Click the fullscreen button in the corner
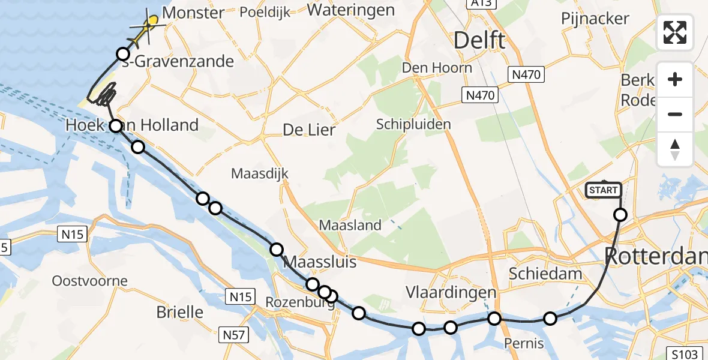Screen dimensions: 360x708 (x=675, y=32)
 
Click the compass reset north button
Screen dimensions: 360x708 (x=675, y=149)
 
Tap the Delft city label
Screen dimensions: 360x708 (x=479, y=41)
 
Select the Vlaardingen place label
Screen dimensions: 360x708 (x=451, y=293)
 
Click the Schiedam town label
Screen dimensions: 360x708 (x=545, y=274)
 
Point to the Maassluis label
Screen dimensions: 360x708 (x=319, y=262)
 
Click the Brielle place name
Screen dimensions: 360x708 (x=179, y=312)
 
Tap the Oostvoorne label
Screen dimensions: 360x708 (x=89, y=281)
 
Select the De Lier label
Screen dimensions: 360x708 (x=308, y=130)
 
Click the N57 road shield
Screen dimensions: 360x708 (x=232, y=335)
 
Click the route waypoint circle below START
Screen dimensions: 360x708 (x=620, y=215)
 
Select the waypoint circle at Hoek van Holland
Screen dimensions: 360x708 (x=115, y=126)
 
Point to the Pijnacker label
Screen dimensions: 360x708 (x=595, y=18)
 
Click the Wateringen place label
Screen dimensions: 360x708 (x=350, y=10)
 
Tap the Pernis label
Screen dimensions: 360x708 (x=524, y=343)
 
